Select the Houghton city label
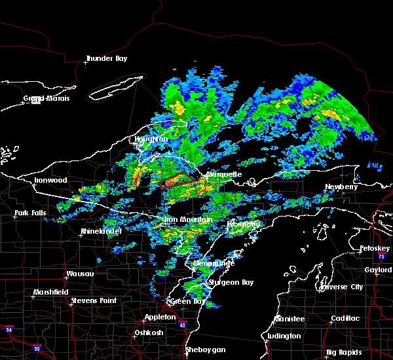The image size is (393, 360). [x=151, y=139]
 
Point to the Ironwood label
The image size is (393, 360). [x=50, y=180]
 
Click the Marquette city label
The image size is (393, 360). [x=225, y=175]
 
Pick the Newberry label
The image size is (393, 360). [x=342, y=187]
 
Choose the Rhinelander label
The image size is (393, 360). [x=102, y=232]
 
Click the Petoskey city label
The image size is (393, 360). [x=375, y=249]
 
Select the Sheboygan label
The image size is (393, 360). [x=205, y=350]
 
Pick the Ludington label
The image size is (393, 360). [x=284, y=336]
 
